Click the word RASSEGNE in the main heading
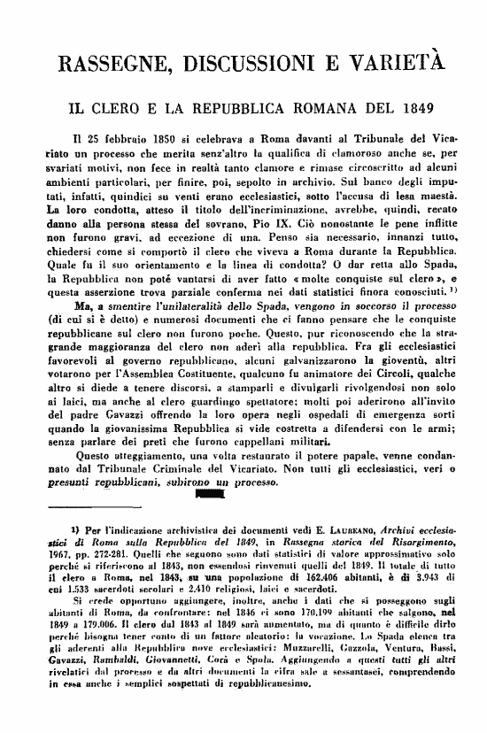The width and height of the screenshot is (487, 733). pyautogui.click(x=114, y=64)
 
